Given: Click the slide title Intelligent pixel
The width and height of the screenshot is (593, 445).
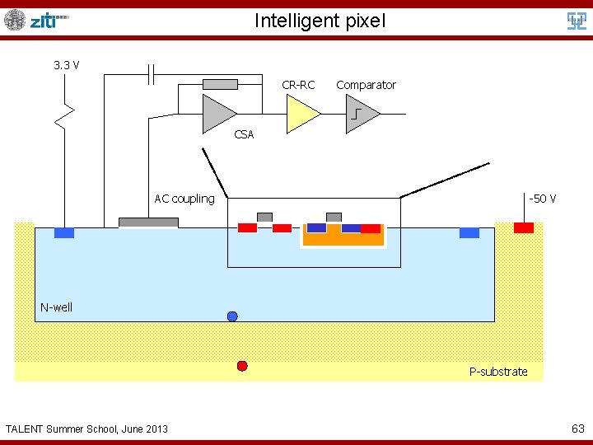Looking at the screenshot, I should [320, 21].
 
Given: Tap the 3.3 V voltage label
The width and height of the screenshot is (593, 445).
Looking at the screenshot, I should [66, 64].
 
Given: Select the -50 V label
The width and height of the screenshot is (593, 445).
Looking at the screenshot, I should [542, 199].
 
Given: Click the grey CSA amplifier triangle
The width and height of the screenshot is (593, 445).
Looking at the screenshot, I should [217, 112].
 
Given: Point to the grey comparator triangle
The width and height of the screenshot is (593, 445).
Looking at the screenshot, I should [362, 114].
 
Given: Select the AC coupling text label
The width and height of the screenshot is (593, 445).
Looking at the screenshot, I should [184, 199].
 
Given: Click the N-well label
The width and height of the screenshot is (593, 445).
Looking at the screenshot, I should [57, 307].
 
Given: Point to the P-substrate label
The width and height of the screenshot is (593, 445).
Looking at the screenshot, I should [498, 372].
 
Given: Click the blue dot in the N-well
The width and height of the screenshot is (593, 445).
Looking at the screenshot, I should [232, 316].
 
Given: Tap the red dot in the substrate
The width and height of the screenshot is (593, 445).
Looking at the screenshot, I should [242, 366].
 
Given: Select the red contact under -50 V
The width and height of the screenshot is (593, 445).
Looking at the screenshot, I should [524, 227].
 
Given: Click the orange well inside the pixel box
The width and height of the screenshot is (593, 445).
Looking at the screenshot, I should [343, 239].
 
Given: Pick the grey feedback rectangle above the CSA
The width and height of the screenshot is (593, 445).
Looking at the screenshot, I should [220, 84].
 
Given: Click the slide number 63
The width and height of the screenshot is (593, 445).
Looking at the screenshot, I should [577, 429].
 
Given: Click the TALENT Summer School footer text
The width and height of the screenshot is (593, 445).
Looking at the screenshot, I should [86, 429].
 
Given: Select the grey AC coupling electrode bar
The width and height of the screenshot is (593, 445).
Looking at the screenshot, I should [148, 222].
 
